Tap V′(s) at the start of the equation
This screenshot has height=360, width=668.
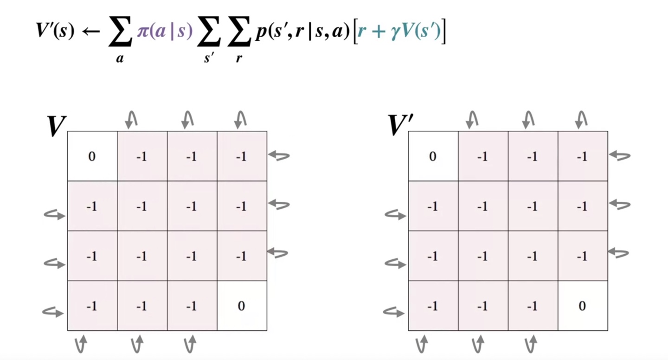[55, 32]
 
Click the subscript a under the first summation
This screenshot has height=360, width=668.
[120, 59]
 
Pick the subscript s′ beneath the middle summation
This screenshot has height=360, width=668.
[208, 59]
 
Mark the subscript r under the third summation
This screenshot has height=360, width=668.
[239, 59]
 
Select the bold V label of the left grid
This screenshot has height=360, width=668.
[56, 126]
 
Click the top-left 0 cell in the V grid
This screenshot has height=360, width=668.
[92, 156]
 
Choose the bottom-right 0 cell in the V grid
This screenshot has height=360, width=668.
[241, 306]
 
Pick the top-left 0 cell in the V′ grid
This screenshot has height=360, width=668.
[433, 156]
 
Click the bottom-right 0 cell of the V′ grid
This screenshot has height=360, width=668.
[582, 306]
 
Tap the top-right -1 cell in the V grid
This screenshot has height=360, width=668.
[241, 156]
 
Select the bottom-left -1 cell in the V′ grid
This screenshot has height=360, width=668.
[433, 306]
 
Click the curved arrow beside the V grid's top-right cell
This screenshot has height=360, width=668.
[279, 156]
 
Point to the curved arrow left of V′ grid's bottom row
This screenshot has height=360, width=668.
[394, 312]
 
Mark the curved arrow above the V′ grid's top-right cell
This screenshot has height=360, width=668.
[580, 120]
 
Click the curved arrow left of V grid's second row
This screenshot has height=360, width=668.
[54, 214]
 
